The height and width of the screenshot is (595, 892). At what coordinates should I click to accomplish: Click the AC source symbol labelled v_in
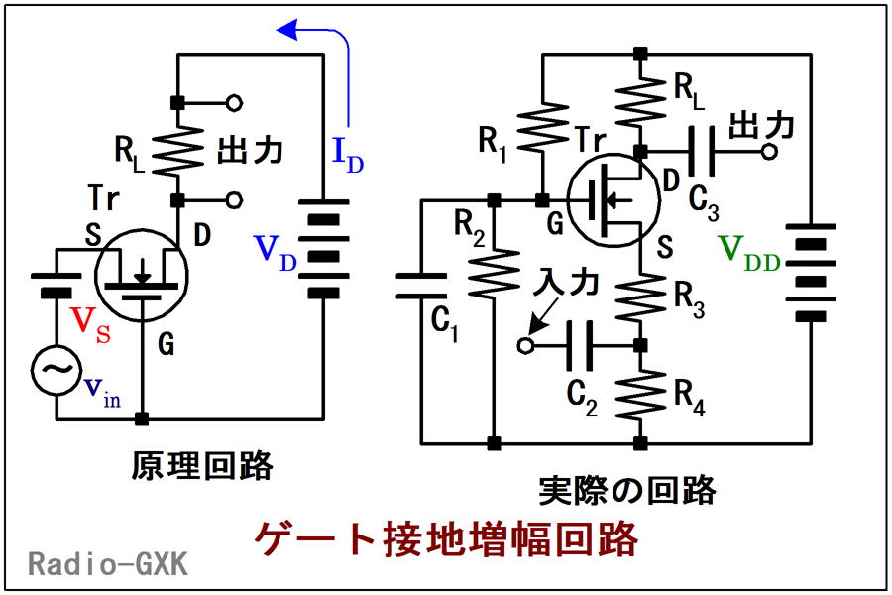click(56, 370)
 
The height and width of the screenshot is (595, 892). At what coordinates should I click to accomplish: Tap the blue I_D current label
click(348, 154)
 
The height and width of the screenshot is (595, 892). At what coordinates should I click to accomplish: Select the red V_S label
click(90, 325)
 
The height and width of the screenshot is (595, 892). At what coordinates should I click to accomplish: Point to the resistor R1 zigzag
click(543, 128)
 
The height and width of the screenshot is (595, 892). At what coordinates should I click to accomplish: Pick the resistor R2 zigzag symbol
click(494, 273)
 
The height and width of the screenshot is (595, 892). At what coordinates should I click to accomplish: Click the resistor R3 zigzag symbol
click(640, 297)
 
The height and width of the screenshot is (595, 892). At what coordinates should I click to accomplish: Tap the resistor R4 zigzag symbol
click(640, 394)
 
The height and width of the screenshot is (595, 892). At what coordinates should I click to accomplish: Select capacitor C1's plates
click(421, 286)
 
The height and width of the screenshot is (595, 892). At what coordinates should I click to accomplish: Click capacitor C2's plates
click(580, 345)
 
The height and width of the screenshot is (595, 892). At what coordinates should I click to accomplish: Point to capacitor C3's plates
click(702, 152)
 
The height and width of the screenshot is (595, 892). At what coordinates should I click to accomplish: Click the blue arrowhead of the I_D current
click(287, 29)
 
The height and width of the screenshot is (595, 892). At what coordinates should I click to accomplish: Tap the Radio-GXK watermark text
click(108, 564)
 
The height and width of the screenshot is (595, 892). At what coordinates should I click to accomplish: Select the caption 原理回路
click(202, 466)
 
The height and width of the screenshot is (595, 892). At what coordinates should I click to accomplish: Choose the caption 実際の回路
click(627, 490)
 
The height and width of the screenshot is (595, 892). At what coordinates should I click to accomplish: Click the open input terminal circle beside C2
click(525, 346)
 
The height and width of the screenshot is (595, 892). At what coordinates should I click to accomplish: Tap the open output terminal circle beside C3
click(769, 152)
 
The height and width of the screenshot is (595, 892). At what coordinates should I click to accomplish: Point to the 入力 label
click(566, 283)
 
